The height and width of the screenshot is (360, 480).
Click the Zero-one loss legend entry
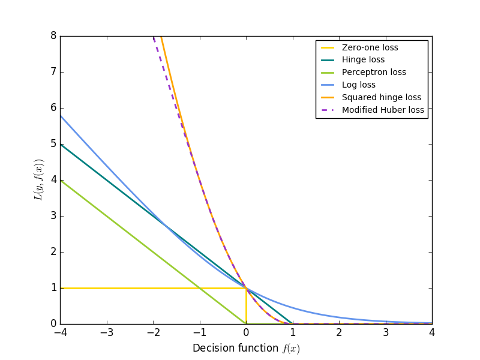click(x=370, y=47)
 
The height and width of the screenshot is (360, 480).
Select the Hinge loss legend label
click(x=363, y=60)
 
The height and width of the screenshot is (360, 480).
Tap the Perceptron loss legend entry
click(x=374, y=73)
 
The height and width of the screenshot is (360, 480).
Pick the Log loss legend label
click(x=359, y=85)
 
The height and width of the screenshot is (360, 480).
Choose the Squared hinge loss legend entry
click(x=382, y=97)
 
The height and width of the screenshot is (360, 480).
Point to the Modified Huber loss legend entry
click(x=383, y=110)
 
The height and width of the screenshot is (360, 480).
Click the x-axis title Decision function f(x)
click(x=246, y=349)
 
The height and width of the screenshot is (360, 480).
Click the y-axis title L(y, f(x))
click(x=40, y=180)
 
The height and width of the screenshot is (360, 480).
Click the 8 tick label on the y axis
click(x=53, y=36)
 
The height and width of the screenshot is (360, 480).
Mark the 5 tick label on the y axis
click(x=53, y=144)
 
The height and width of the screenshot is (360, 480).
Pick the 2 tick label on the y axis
click(x=53, y=252)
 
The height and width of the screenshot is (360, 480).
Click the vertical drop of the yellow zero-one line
click(x=246, y=306)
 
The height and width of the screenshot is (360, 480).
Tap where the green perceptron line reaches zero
click(x=246, y=324)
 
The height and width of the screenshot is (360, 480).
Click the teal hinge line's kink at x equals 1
click(x=292, y=324)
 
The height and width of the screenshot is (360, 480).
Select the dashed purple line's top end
click(x=154, y=37)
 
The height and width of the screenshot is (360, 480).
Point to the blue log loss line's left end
click(x=61, y=115)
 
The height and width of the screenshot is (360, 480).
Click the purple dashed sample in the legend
click(x=328, y=110)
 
